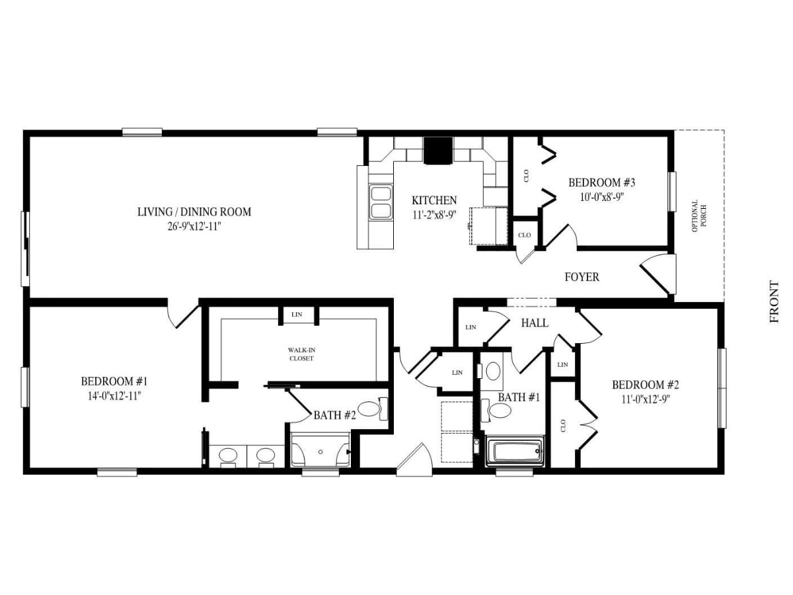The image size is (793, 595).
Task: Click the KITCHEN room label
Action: point(434,200)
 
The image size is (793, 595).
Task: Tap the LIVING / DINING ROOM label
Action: point(194,212)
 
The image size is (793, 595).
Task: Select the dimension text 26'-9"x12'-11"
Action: point(194,227)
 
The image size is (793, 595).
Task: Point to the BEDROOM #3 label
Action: point(601,182)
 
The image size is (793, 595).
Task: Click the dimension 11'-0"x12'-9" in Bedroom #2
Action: point(645,400)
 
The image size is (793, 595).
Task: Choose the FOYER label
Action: point(582,277)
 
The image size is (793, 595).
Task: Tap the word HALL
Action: point(535,323)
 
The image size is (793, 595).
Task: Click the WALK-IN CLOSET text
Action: point(301,354)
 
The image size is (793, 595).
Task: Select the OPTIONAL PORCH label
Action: point(699,216)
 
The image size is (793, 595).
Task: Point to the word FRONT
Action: point(774,301)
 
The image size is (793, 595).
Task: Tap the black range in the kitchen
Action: point(438,151)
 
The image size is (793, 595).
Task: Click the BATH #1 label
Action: point(519,397)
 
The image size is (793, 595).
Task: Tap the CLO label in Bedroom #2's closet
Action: point(563,426)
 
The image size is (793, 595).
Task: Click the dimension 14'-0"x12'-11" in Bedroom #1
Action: point(114,396)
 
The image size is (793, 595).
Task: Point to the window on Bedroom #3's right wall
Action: point(672,192)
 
